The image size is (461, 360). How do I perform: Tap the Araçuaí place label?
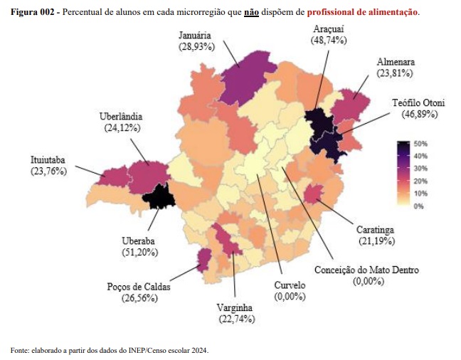(329, 29)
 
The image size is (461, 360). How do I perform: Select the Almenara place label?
(395, 62)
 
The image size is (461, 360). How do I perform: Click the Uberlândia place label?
(121, 116)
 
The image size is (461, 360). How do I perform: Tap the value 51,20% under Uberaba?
(139, 252)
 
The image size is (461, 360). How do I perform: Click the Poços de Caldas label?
(139, 286)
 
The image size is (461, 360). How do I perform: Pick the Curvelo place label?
(290, 285)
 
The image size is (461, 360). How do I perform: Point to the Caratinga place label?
(375, 231)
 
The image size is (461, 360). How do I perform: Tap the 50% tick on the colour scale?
(419, 144)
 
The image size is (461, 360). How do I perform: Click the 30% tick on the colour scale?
(419, 169)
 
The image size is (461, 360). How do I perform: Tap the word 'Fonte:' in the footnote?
(20, 350)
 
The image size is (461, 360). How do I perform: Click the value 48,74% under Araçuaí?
(329, 41)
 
